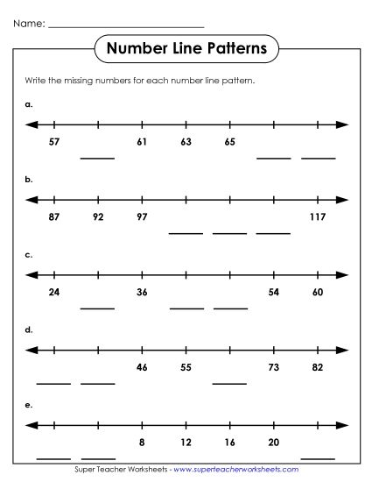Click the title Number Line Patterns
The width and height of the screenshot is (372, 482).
pyautogui.click(x=186, y=48)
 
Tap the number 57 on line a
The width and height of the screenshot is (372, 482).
pyautogui.click(x=54, y=141)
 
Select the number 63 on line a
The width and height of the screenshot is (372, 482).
pyautogui.click(x=186, y=141)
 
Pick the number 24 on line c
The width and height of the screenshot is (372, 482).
pyautogui.click(x=54, y=292)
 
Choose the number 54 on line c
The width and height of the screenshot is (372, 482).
pyautogui.click(x=273, y=292)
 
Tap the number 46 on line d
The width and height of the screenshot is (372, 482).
pyautogui.click(x=142, y=367)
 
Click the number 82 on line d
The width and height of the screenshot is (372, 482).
pyautogui.click(x=317, y=367)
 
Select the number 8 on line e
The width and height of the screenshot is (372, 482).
pyautogui.click(x=142, y=443)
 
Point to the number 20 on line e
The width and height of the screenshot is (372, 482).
pyautogui.click(x=273, y=443)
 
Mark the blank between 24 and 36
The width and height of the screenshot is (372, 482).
pyautogui.click(x=98, y=307)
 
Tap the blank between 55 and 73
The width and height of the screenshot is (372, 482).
pyautogui.click(x=229, y=382)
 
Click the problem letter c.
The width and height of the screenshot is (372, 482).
pyautogui.click(x=29, y=255)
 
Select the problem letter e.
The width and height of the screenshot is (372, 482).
pyautogui.click(x=29, y=406)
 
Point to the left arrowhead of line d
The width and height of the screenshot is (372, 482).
pyautogui.click(x=31, y=351)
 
